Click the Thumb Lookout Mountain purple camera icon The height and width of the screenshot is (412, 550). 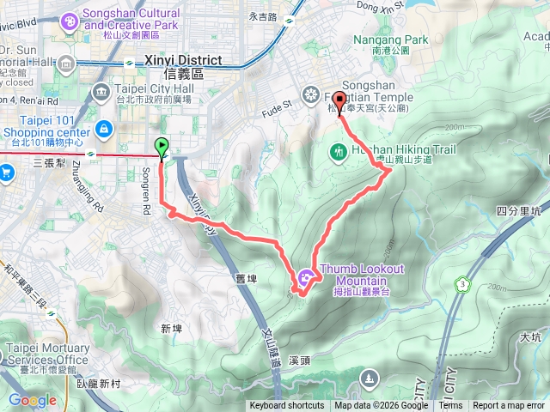click(x=307, y=277)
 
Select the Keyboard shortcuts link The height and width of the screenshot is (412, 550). click(x=287, y=406)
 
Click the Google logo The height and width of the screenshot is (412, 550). click(x=32, y=400)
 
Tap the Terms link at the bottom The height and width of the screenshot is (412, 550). click(x=450, y=406)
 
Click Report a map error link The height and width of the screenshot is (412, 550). click(x=510, y=406)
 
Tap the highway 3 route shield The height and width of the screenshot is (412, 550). click(x=463, y=283)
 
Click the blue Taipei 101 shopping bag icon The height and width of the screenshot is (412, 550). click(x=103, y=129)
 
